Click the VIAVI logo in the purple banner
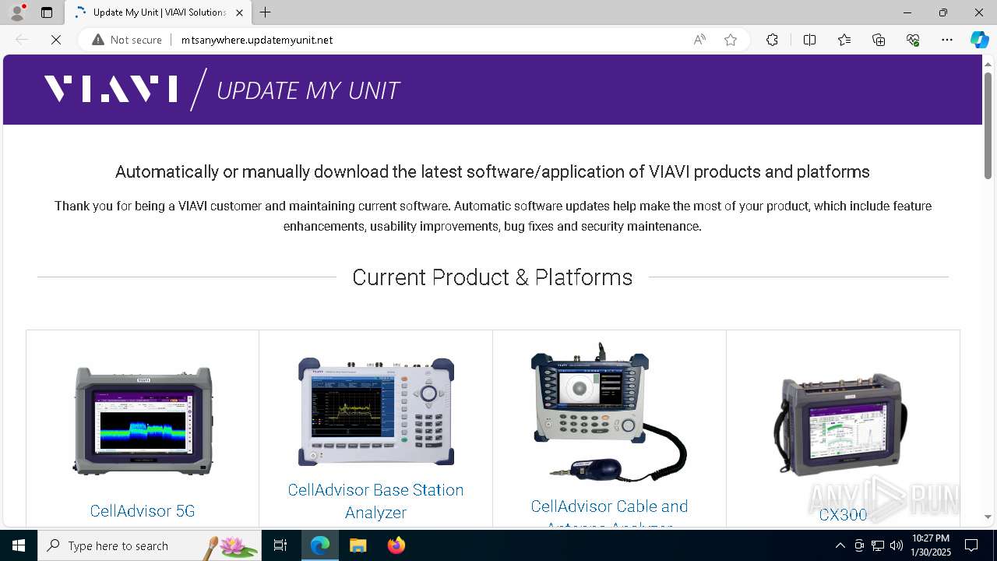(111, 89)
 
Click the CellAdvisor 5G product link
(142, 511)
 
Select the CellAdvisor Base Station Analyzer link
(375, 500)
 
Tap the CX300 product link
(843, 514)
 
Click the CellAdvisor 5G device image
(143, 421)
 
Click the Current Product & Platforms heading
(492, 277)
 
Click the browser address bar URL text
(257, 40)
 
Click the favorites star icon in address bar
(731, 40)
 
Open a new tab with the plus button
(266, 12)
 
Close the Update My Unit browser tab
(240, 12)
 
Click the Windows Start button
(19, 545)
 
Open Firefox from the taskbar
(396, 545)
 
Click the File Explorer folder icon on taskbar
(358, 545)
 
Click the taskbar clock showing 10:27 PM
(931, 545)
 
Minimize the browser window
(907, 12)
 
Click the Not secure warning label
(127, 40)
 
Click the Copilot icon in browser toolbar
(979, 40)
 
